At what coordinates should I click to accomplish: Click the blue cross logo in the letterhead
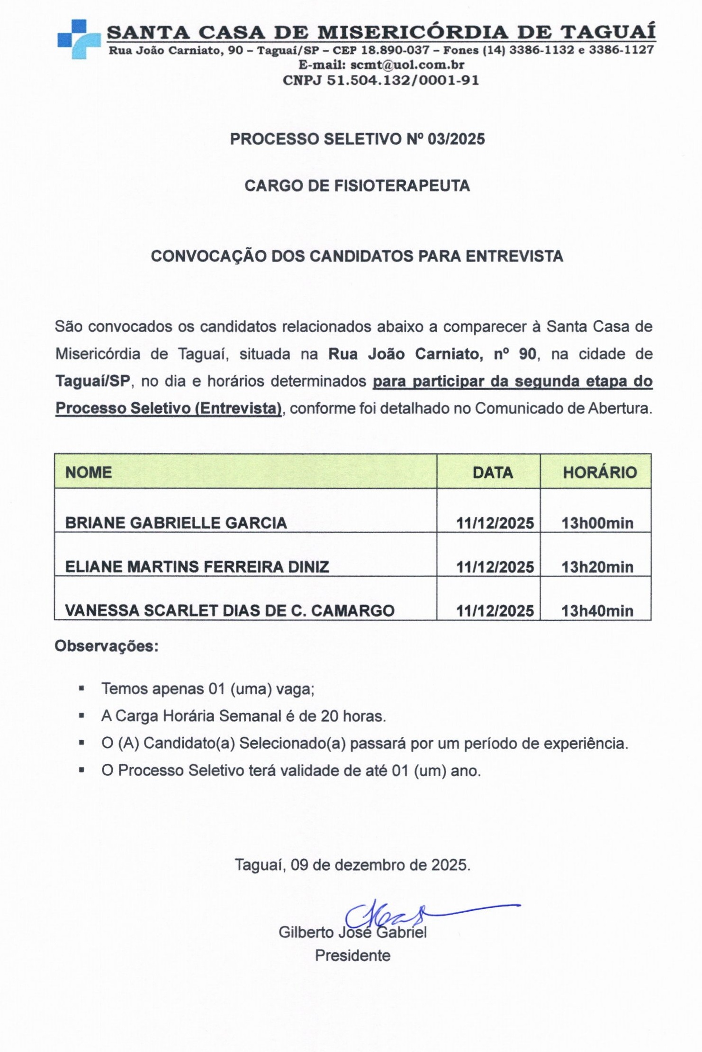point(78,39)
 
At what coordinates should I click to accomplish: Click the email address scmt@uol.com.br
point(407,64)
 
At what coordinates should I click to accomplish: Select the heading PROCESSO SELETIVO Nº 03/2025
point(357,139)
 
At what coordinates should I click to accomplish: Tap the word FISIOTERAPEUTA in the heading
point(402,186)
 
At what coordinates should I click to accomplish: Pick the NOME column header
point(89,472)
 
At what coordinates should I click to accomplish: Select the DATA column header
point(493,472)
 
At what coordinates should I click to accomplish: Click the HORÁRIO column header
point(600,472)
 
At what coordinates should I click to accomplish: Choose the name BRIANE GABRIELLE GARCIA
point(176,523)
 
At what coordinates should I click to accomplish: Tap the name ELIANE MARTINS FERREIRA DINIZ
point(197,567)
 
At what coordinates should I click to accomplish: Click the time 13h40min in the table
point(597,611)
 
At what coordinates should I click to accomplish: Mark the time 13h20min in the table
point(597,567)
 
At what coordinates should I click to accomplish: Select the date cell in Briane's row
point(495,523)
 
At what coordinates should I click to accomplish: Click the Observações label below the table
point(107,646)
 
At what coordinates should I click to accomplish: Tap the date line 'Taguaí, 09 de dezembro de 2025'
point(352,865)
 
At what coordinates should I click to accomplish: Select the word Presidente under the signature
point(352,955)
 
